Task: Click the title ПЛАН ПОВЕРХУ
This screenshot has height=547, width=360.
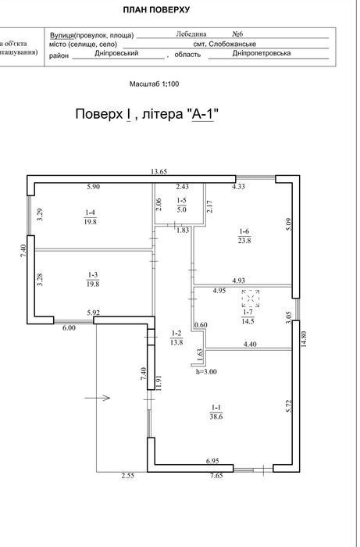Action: pyautogui.click(x=156, y=9)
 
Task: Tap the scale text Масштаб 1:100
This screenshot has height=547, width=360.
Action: pyautogui.click(x=155, y=84)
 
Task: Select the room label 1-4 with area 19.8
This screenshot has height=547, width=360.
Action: pyautogui.click(x=91, y=217)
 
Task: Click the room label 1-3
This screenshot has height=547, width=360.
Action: pyautogui.click(x=93, y=279)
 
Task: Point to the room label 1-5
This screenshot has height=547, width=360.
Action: pyautogui.click(x=182, y=205)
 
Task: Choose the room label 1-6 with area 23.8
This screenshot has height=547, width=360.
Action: pyautogui.click(x=244, y=236)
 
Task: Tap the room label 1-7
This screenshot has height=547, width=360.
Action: pyautogui.click(x=248, y=316)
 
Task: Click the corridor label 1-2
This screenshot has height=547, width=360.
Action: pyautogui.click(x=176, y=338)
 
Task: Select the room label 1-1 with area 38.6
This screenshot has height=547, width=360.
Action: pyautogui.click(x=216, y=412)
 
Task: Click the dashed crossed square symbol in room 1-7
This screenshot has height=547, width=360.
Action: pyautogui.click(x=251, y=299)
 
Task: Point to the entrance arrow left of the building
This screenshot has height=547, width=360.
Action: pyautogui.click(x=98, y=397)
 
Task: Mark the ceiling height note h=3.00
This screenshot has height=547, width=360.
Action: pyautogui.click(x=206, y=372)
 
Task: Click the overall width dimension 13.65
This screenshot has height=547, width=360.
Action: pyautogui.click(x=159, y=171)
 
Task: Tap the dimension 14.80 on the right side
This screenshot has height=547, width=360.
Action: pyautogui.click(x=304, y=338)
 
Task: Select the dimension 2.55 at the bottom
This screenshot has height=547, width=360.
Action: pyautogui.click(x=128, y=475)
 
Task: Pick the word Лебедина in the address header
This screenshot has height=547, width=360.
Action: pyautogui.click(x=191, y=34)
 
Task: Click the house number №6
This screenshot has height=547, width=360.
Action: pyautogui.click(x=237, y=34)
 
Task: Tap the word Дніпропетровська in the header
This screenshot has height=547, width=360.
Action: pyautogui.click(x=262, y=53)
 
